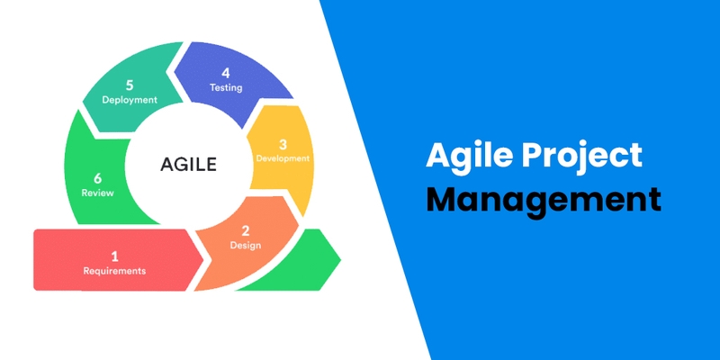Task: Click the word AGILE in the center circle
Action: pos(189,164)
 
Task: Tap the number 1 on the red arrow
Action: pos(114,254)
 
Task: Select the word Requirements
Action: pos(114,270)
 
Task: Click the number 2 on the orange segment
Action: pos(245,230)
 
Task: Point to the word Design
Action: pos(245,245)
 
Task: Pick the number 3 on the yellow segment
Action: pos(283,144)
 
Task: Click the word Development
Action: pos(283,158)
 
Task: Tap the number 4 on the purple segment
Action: pos(226,72)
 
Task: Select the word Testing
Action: pos(226,87)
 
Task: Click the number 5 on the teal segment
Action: pos(130,85)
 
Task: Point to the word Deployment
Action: pos(130,100)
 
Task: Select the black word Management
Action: pos(543,198)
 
